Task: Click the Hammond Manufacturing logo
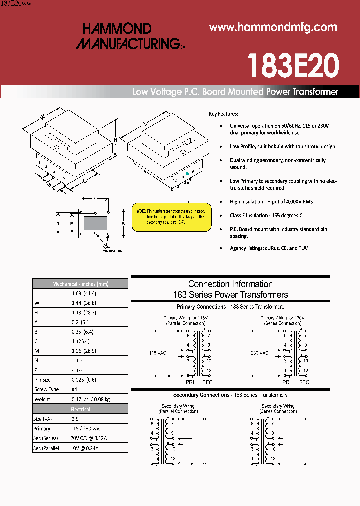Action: point(130,36)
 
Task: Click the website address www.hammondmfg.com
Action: point(273,28)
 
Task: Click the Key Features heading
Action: point(223,114)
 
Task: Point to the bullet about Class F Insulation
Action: point(266,215)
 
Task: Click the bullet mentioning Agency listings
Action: point(269,248)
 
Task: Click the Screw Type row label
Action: point(46,389)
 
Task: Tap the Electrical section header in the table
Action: point(80,409)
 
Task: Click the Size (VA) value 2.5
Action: point(75,419)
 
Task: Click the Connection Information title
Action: point(230,284)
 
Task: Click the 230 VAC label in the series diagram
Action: point(259,353)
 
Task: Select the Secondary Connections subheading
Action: point(230,395)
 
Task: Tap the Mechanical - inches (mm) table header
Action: point(80,284)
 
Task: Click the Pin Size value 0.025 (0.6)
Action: point(84,380)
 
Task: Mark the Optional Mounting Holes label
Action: point(112,249)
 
